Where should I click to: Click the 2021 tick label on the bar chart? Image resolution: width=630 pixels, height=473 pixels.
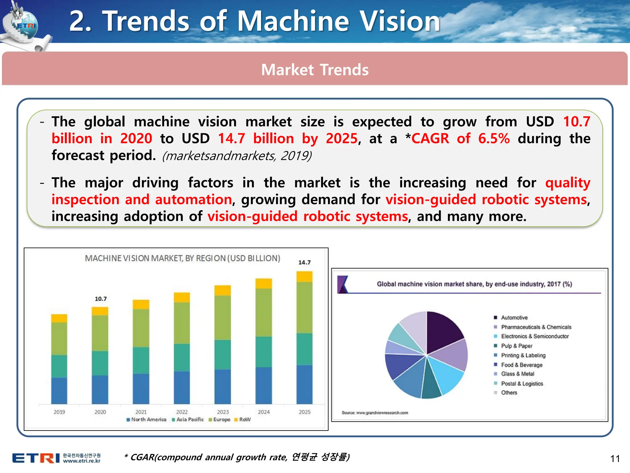(x=141, y=412)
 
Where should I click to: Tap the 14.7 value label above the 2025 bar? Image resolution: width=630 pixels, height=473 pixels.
(x=305, y=262)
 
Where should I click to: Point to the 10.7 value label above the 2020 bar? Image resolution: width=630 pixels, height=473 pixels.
(x=101, y=299)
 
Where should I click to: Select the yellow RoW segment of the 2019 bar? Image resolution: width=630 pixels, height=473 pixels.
(x=59, y=318)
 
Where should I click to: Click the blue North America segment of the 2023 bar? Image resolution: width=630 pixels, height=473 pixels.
(x=223, y=386)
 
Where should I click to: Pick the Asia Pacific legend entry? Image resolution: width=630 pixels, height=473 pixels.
(x=188, y=419)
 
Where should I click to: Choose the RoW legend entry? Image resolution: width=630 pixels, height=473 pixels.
(x=243, y=419)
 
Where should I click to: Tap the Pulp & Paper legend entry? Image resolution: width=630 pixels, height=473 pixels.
(x=516, y=346)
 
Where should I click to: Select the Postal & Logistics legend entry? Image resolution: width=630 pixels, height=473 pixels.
(x=522, y=384)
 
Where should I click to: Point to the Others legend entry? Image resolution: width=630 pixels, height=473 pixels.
(x=509, y=393)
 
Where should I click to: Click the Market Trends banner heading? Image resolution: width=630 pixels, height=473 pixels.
(x=315, y=70)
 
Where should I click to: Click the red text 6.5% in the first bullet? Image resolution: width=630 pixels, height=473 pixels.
(x=494, y=139)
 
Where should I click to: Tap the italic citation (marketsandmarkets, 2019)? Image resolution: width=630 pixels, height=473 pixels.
(x=237, y=156)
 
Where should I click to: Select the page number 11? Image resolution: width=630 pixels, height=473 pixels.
(x=615, y=459)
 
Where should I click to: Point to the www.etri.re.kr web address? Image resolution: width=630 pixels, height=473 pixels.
(x=82, y=461)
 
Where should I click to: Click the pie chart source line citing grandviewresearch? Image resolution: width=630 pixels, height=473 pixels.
(x=375, y=413)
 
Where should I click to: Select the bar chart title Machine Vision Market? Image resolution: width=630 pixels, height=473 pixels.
(x=182, y=258)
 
